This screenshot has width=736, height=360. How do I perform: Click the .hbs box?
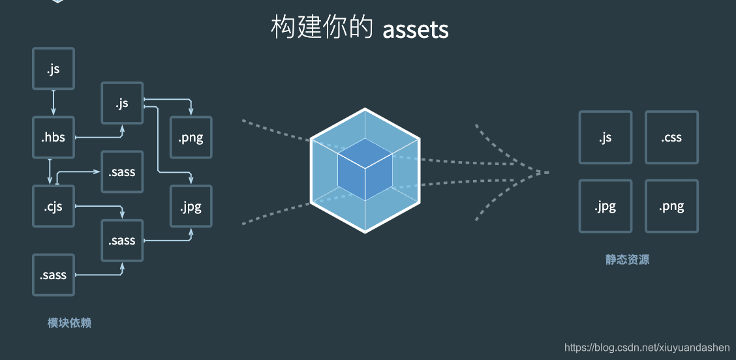pyautogui.click(x=54, y=138)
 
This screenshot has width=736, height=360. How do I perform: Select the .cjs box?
pyautogui.click(x=54, y=207)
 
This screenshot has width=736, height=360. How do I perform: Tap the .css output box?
pyautogui.click(x=671, y=138)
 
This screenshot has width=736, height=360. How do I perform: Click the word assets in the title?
pyautogui.click(x=416, y=30)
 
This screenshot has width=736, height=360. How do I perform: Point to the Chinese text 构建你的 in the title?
pyautogui.click(x=322, y=29)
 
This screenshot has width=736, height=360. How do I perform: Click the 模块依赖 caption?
pyautogui.click(x=69, y=323)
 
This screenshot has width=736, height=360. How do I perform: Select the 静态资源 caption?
pyautogui.click(x=627, y=260)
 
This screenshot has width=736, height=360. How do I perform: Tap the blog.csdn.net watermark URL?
pyautogui.click(x=647, y=348)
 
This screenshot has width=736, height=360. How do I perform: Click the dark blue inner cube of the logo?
pyautogui.click(x=365, y=169)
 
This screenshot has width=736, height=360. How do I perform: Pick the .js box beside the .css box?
pyautogui.click(x=605, y=138)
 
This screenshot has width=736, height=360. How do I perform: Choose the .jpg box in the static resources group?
pyautogui.click(x=605, y=207)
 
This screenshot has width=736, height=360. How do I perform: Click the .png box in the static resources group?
pyautogui.click(x=671, y=207)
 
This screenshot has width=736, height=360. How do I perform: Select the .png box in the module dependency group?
pyautogui.click(x=191, y=138)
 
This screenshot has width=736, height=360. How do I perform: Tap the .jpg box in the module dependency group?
pyautogui.click(x=191, y=207)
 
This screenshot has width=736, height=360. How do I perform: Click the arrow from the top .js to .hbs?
pyautogui.click(x=54, y=103)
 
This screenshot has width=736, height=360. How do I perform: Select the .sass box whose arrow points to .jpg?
pyautogui.click(x=122, y=241)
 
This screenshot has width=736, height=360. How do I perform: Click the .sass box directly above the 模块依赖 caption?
pyautogui.click(x=54, y=275)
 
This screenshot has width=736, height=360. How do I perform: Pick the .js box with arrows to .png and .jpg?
pyautogui.click(x=122, y=103)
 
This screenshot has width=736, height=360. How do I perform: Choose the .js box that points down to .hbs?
pyautogui.click(x=54, y=68)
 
